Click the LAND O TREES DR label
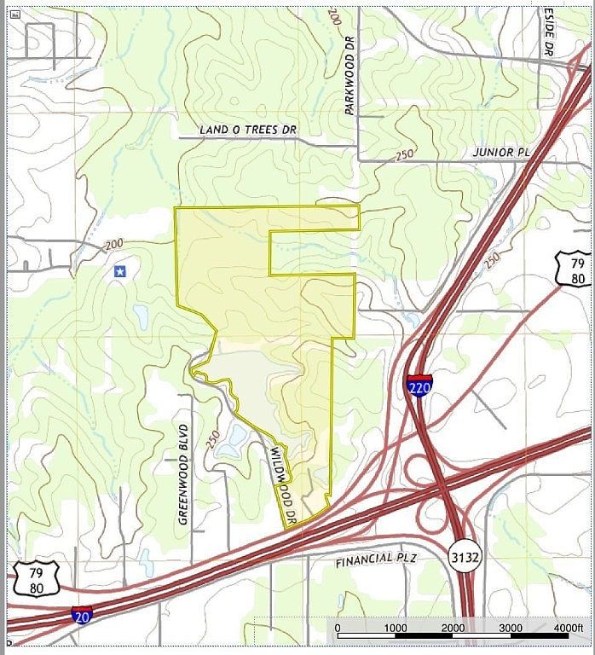[x=247, y=130]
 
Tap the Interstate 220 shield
[x=419, y=385]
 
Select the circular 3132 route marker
[x=461, y=555]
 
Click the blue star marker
[x=120, y=271]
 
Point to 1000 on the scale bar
[x=395, y=629]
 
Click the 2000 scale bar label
[x=453, y=629]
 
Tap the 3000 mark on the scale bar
[x=511, y=629]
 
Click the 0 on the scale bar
[x=338, y=629]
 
